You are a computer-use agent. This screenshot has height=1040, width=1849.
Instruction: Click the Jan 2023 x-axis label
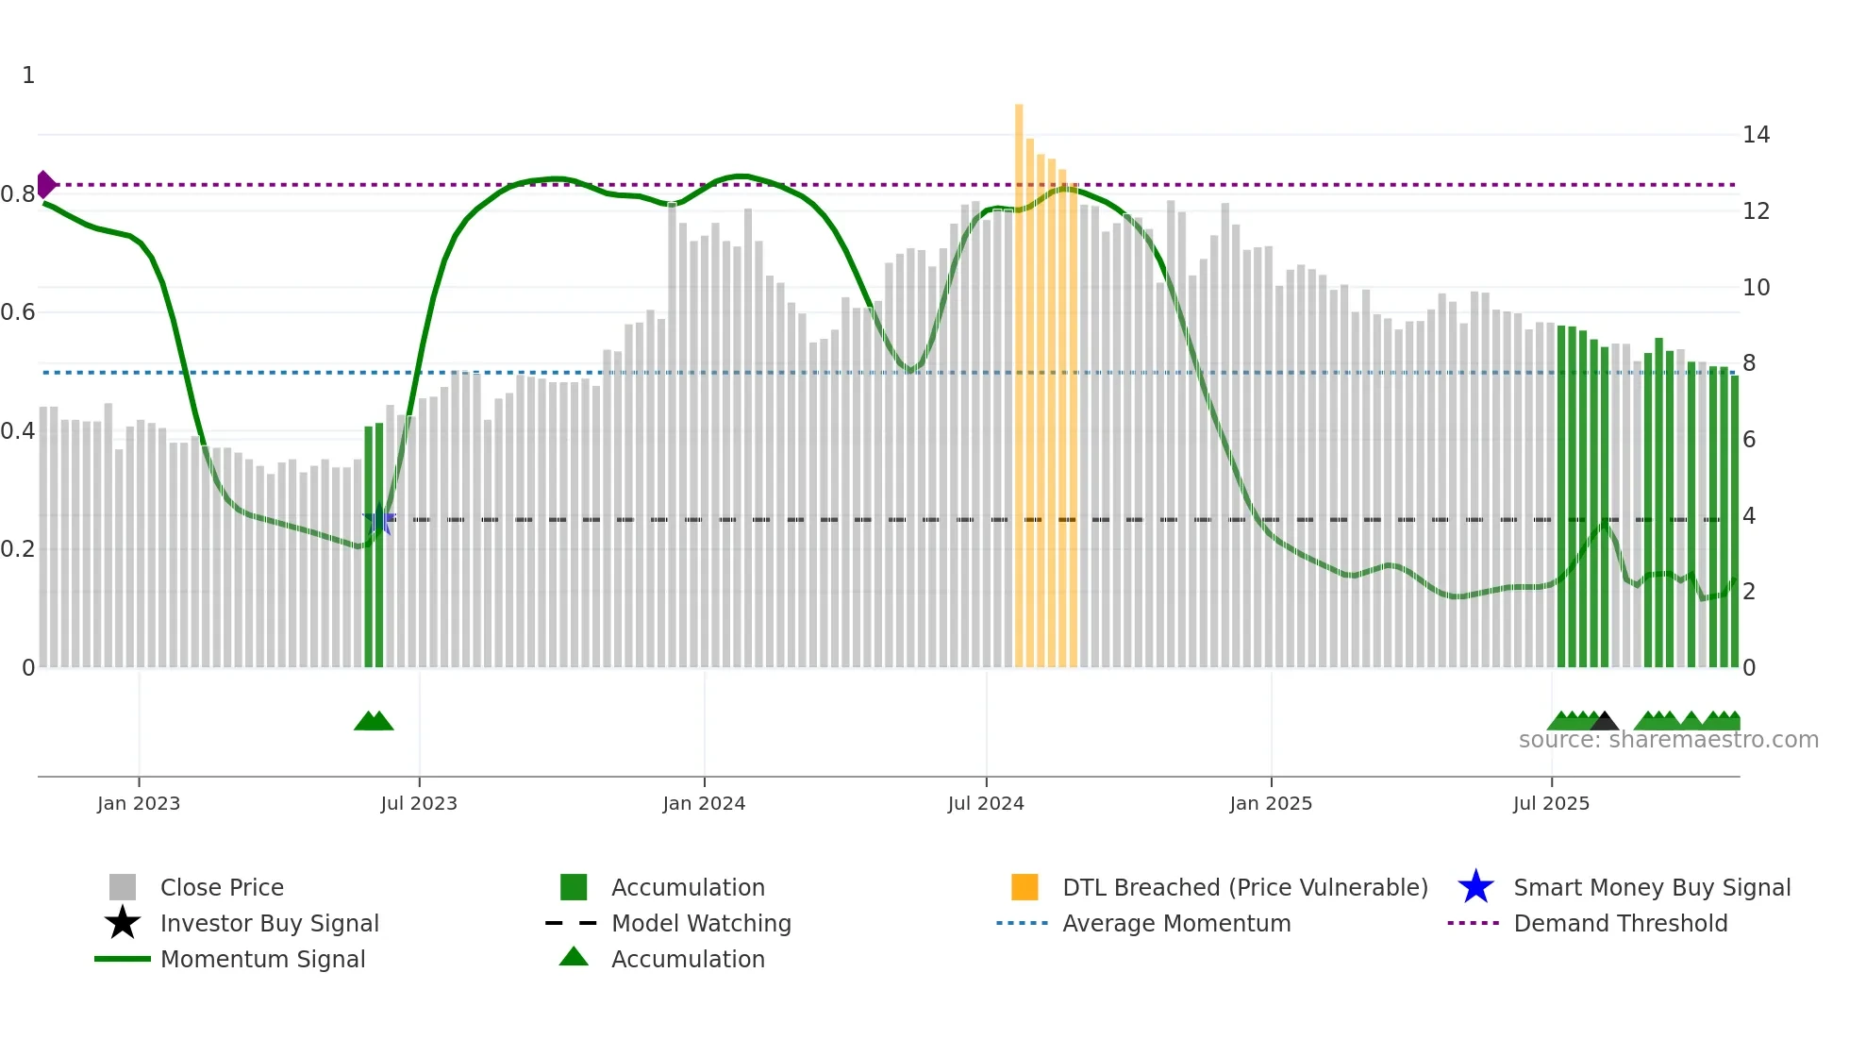[x=138, y=803]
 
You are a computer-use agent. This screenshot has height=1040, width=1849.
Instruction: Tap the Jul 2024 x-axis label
[x=986, y=803]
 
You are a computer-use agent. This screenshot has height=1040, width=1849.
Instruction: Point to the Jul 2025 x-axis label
[x=1551, y=803]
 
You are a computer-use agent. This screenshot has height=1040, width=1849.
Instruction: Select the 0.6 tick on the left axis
[x=18, y=312]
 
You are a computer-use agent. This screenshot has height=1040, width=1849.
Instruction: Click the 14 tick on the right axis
[x=1756, y=135]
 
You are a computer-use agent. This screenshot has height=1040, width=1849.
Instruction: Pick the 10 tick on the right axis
[x=1756, y=287]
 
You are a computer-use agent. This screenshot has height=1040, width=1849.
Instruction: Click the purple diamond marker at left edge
[x=45, y=184]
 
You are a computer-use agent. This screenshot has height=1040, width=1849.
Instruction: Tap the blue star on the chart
[x=378, y=519]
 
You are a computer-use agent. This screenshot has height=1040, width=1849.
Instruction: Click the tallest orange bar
[x=1019, y=377]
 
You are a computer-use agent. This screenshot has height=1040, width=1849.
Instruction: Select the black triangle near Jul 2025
[x=1605, y=722]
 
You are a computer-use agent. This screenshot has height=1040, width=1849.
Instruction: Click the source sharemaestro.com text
[x=1668, y=740]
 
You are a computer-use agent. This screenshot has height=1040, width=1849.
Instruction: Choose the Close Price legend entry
[x=222, y=887]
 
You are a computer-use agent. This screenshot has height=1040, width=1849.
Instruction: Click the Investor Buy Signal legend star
[x=123, y=923]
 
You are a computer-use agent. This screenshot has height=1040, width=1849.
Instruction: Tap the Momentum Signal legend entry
[x=262, y=959]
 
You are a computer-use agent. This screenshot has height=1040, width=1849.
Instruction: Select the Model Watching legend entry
[x=700, y=923]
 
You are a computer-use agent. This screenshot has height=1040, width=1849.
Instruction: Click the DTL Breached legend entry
[x=1244, y=887]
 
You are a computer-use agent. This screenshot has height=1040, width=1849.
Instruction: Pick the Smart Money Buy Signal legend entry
[x=1651, y=887]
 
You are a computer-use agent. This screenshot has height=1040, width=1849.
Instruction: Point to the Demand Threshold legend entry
[x=1620, y=923]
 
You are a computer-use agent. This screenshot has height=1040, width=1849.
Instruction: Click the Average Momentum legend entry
[x=1175, y=923]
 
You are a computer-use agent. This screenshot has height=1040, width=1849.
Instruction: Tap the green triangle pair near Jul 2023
[x=374, y=722]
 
